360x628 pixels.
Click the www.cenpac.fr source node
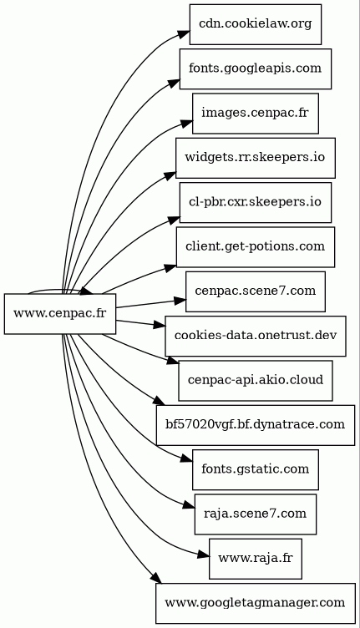coord(60,314)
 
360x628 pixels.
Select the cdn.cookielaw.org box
coord(255,24)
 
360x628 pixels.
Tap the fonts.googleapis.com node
coord(255,68)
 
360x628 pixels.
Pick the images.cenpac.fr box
coord(255,114)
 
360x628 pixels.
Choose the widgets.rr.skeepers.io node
coord(255,158)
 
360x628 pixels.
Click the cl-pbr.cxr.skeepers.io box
coord(255,202)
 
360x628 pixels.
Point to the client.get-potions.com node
coord(255,246)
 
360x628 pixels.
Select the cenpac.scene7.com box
coord(255,291)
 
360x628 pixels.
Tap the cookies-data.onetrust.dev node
coord(255,336)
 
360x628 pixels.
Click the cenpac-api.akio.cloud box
coord(255,380)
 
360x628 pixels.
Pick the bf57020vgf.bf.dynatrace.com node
coord(255,425)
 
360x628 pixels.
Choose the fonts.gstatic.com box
coord(255,469)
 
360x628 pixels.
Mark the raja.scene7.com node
coord(255,514)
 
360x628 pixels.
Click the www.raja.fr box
coord(255,559)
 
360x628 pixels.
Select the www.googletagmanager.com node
coord(255,603)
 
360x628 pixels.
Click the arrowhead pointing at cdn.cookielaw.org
coord(184,34)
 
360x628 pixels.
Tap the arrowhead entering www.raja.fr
coord(204,555)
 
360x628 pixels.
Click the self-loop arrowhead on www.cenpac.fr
coord(86,291)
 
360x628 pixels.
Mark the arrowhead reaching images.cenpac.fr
coord(186,123)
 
